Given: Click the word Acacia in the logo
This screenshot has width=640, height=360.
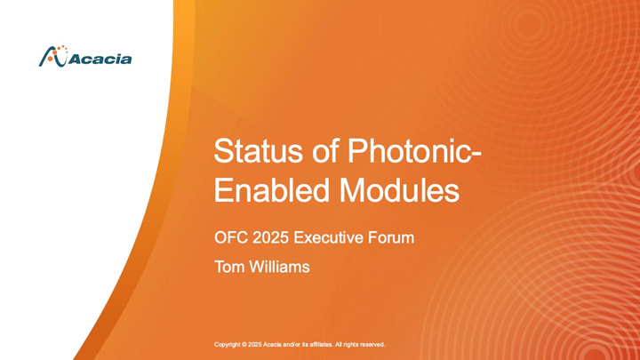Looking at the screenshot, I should click(x=100, y=60).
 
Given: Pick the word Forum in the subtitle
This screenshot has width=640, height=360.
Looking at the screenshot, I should click(x=394, y=238).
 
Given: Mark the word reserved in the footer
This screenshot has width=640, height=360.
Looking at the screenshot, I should click(x=371, y=344).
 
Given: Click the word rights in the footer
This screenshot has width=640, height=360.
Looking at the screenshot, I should click(x=348, y=344).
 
